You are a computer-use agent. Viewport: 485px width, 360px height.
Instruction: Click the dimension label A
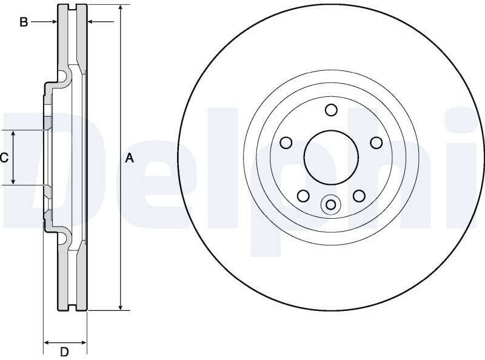(130, 158)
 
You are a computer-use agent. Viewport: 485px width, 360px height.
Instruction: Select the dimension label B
(24, 22)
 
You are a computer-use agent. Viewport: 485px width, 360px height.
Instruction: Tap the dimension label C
(4, 158)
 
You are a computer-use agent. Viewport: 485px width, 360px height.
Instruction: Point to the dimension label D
(64, 352)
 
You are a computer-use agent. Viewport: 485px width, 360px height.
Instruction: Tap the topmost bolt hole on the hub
(331, 110)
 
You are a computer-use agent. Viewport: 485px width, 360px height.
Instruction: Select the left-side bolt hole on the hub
(286, 143)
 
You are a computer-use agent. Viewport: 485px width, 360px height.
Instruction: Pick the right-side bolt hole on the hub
(376, 143)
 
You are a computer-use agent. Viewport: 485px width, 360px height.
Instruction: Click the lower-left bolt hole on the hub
(303, 196)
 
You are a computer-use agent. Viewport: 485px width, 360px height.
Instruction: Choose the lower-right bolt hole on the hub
(359, 196)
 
